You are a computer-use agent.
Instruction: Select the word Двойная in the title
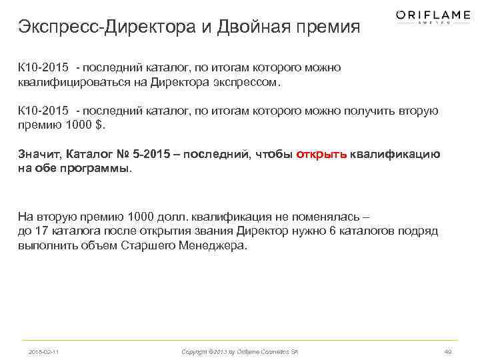pos(247,28)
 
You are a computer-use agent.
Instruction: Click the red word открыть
pos(321,154)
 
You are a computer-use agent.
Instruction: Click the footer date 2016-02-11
pos(44,351)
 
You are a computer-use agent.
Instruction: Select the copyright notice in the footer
pos(240,351)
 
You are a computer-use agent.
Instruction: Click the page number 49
pos(447,351)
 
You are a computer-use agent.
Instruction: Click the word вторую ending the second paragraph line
pos(418,111)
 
